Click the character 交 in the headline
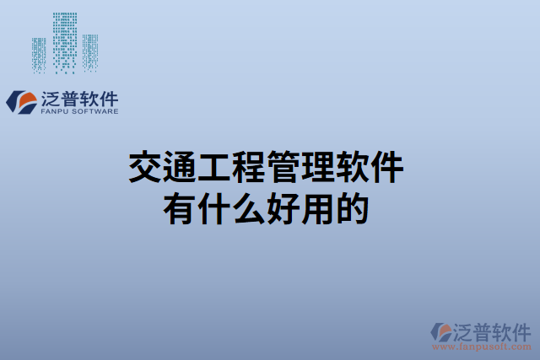click(145, 167)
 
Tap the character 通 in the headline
click(180, 167)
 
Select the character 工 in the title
click(214, 167)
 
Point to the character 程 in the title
click(249, 167)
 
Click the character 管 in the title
click(283, 167)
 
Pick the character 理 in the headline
click(318, 167)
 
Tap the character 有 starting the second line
click(180, 207)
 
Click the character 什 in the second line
click(214, 207)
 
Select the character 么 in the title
click(249, 207)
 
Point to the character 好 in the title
click(283, 207)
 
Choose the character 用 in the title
click(318, 207)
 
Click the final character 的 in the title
click(353, 207)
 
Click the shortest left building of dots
click(40, 55)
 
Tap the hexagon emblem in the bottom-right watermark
click(440, 331)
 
